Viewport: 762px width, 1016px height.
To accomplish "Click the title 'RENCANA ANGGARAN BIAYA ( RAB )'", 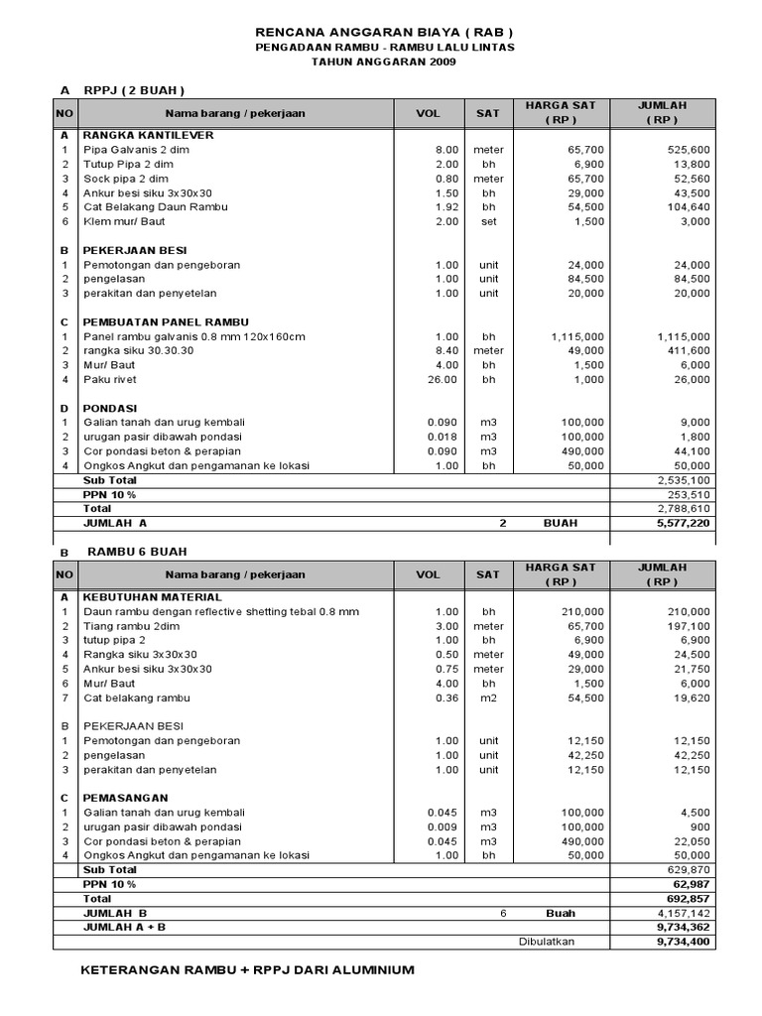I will [x=384, y=32].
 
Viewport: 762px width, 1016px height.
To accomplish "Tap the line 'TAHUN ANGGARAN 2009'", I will [x=384, y=62].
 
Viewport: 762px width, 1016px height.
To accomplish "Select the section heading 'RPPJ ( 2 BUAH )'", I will [x=134, y=90].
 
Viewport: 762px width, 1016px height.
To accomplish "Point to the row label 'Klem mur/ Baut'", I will [x=124, y=221].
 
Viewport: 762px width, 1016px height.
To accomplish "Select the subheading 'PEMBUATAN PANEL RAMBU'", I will [x=166, y=322].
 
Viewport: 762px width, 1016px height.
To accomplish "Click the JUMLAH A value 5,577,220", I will [x=677, y=523].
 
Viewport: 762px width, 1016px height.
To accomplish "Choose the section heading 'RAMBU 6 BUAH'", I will [x=137, y=552].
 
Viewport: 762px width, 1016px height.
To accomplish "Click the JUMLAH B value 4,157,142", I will [x=677, y=913].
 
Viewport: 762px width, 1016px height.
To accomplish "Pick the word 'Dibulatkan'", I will [x=547, y=942].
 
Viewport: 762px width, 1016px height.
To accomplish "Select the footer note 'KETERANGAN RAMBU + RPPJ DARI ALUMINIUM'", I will [x=247, y=969].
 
